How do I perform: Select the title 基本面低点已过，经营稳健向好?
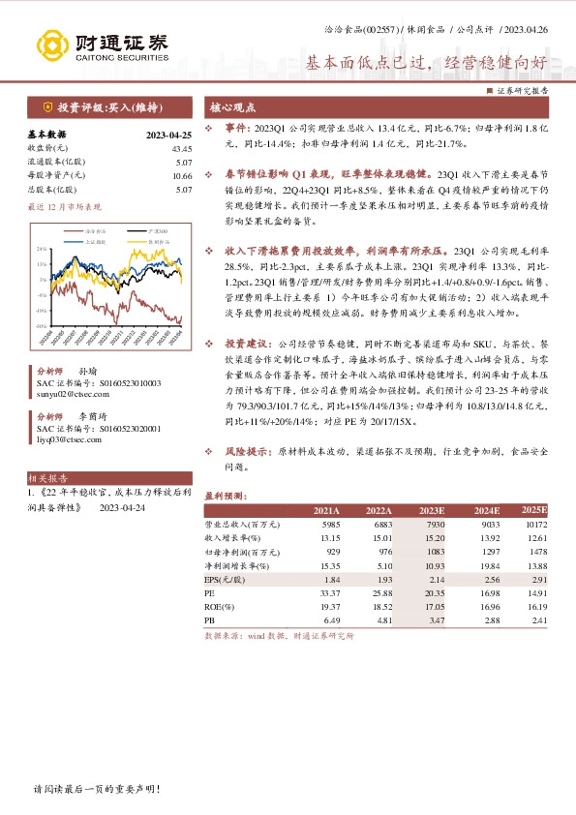[x=427, y=64]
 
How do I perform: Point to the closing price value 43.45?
[x=182, y=148]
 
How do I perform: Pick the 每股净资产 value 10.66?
[x=182, y=175]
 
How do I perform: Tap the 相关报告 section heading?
[x=47, y=478]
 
